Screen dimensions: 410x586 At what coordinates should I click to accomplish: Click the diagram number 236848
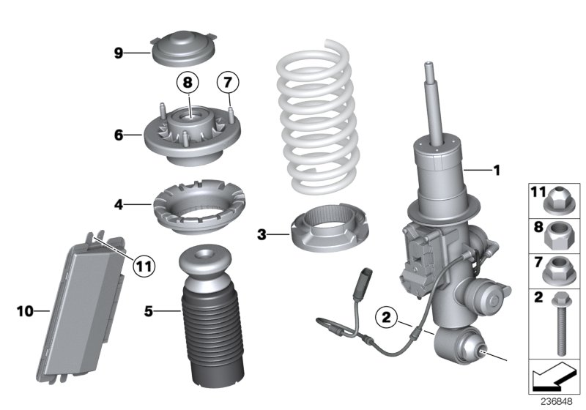pyautogui.click(x=557, y=402)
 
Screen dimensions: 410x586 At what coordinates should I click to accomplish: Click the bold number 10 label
pyautogui.click(x=26, y=312)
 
